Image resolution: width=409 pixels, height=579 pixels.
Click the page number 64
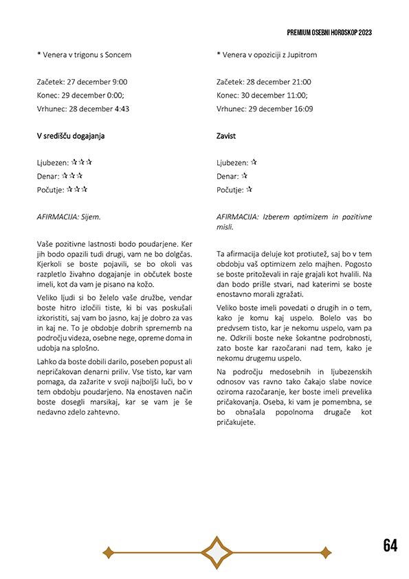(390, 546)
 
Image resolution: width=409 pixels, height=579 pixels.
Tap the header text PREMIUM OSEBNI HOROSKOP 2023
(329, 32)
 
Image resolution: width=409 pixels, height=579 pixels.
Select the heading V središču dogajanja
(71, 136)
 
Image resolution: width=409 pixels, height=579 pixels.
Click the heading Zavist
(225, 136)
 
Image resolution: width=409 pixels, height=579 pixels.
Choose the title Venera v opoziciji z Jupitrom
(269, 54)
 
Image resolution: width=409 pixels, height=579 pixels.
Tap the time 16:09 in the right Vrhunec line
(303, 109)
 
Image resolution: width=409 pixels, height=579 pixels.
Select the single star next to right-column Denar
(244, 176)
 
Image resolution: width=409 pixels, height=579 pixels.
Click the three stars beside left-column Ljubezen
(82, 163)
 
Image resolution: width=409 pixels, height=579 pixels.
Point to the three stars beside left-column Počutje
(77, 190)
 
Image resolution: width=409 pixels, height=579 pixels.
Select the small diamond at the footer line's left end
(107, 552)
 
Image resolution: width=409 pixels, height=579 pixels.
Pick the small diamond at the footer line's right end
(326, 552)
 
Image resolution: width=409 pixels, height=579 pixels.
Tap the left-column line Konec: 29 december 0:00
(80, 95)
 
